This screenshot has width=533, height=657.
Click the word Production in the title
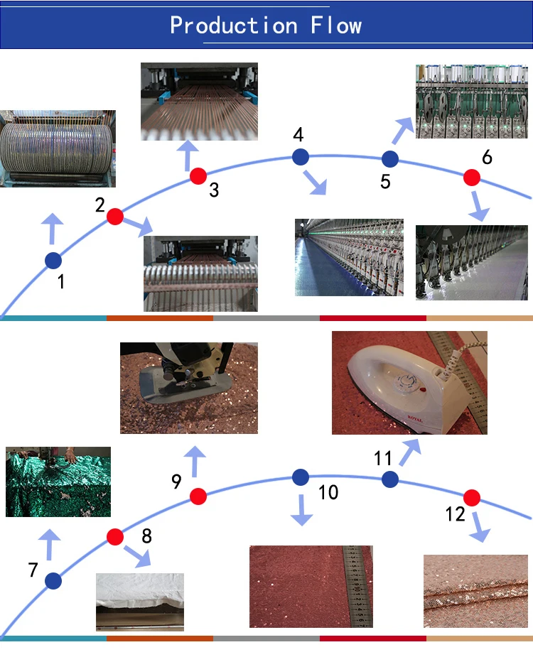[x=234, y=26]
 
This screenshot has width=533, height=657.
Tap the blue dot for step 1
[x=53, y=261]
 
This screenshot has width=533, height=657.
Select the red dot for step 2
[x=115, y=217]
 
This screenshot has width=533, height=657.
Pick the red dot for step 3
[x=198, y=175]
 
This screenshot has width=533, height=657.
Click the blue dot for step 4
[x=300, y=156]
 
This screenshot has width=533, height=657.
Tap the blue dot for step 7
[x=53, y=581]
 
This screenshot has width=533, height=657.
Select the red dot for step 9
[x=198, y=496]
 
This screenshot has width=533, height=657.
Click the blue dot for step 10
[x=300, y=477]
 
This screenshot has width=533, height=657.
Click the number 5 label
[x=385, y=181]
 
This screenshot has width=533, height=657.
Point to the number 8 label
[x=146, y=536]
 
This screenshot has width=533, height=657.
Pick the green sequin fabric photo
[x=58, y=482]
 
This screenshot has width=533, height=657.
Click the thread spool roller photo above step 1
[x=58, y=148]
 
